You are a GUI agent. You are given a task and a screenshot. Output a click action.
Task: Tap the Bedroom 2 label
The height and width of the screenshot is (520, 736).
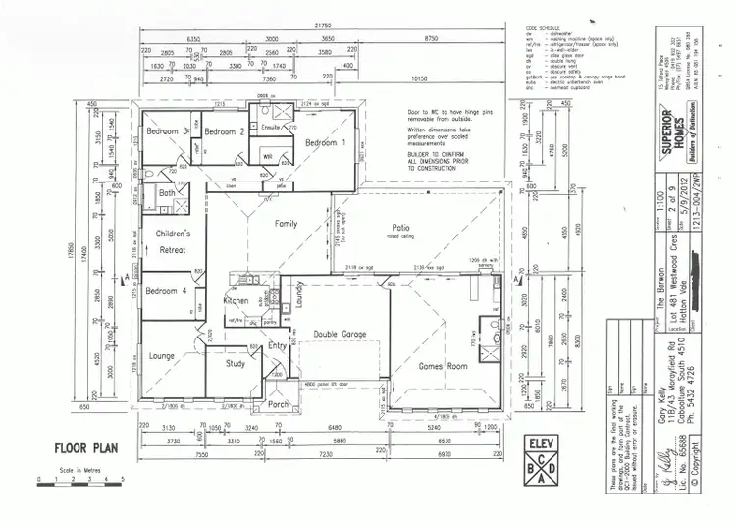pos(228,131)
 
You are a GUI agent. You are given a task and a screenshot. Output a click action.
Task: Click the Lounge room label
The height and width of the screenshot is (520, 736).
pos(161,356)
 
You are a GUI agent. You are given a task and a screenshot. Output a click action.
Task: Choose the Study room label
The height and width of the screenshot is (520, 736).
pos(235,364)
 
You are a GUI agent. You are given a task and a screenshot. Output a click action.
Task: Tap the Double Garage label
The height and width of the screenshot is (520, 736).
pos(340,335)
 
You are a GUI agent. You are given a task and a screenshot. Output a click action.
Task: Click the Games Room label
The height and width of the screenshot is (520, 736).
pos(442,365)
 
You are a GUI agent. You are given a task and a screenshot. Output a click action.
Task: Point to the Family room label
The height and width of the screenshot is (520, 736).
pos(286,224)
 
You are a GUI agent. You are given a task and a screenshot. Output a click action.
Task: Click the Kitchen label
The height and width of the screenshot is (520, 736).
pos(237,301)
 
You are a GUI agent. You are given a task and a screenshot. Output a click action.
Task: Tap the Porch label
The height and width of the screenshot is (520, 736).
pos(279,403)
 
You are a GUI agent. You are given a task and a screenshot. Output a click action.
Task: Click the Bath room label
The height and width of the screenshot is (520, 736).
pos(166,193)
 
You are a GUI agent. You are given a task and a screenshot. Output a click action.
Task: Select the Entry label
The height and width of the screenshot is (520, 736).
pos(278,345)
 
